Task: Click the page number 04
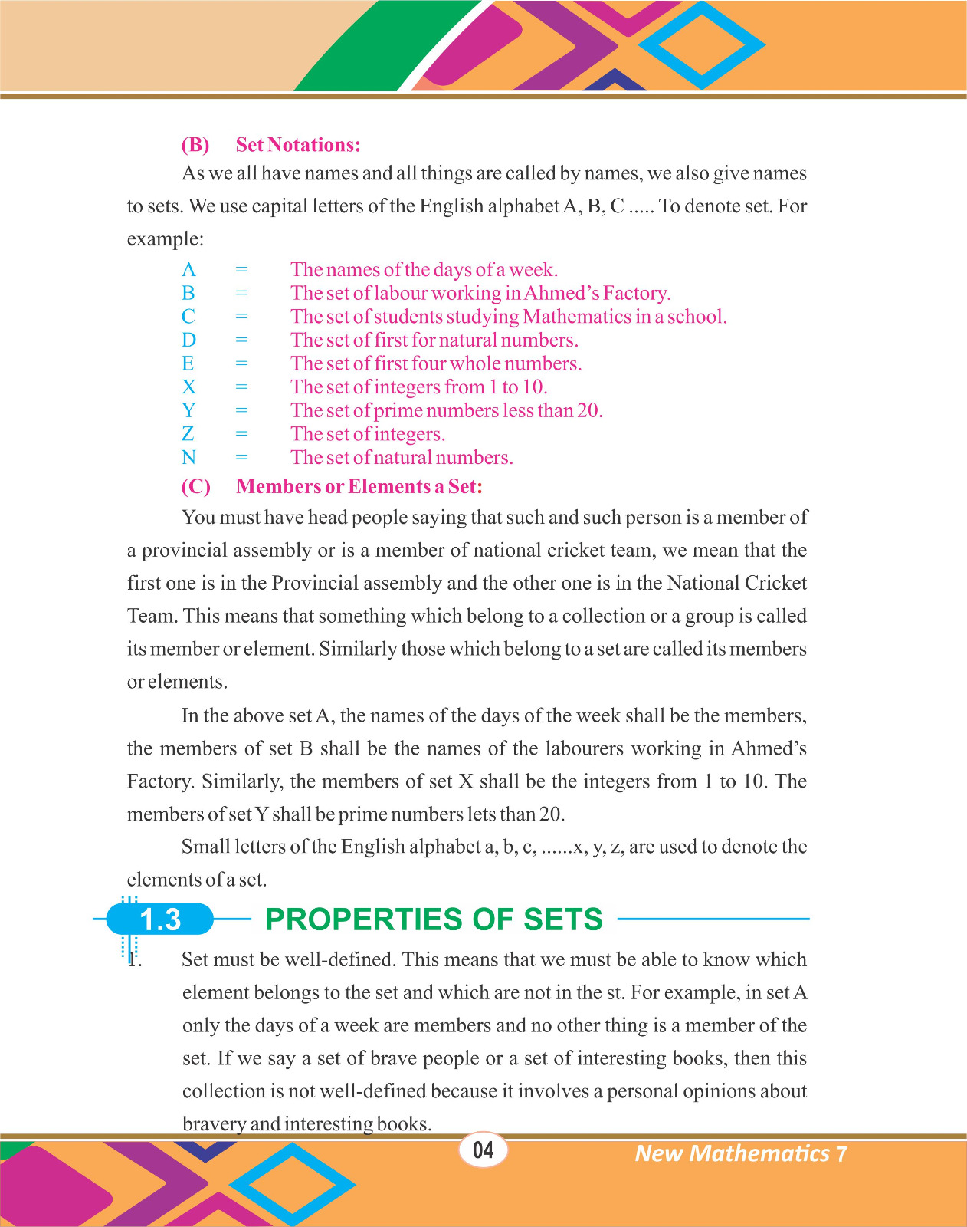(483, 1150)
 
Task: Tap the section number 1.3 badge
(160, 919)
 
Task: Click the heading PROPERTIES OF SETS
(434, 919)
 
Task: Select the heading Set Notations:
(298, 145)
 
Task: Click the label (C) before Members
(196, 487)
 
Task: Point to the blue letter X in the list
(189, 387)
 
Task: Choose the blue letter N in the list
(189, 458)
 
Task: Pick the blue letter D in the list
(189, 340)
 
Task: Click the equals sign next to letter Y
(242, 411)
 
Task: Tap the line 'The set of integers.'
(368, 435)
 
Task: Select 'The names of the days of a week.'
(424, 270)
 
